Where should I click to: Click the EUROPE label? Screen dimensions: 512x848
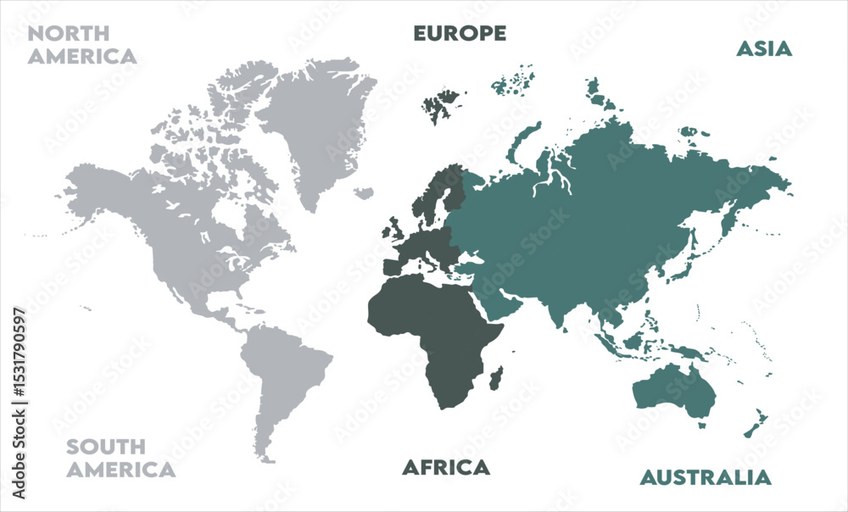click(460, 33)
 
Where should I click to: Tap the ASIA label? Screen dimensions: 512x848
click(763, 48)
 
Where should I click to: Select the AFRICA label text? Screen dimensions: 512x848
click(445, 467)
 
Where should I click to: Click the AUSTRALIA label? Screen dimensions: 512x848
click(706, 477)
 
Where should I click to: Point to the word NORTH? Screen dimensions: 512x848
click(69, 34)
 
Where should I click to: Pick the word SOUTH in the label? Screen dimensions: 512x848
click(106, 447)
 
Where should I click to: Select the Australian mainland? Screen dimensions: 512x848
click(675, 390)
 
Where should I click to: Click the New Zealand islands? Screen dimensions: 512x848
click(756, 423)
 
